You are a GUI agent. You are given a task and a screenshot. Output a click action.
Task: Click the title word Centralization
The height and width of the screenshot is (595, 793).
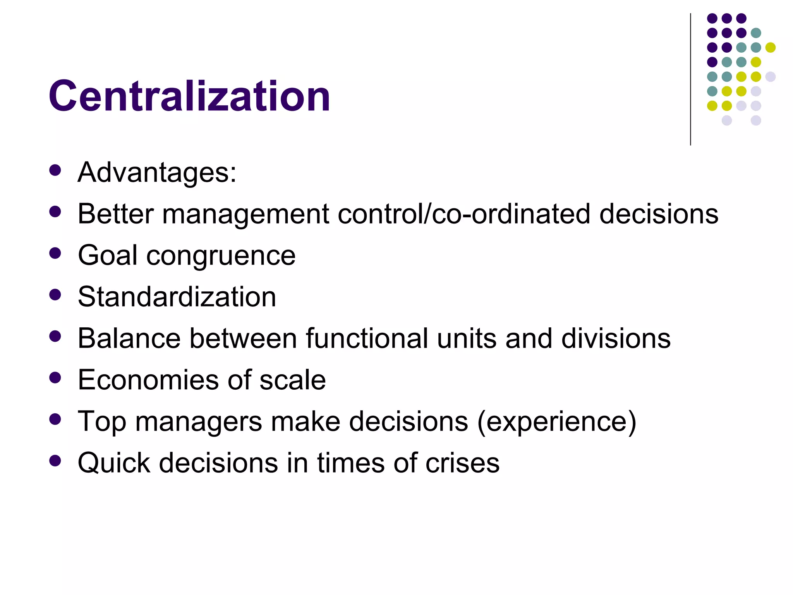[189, 96]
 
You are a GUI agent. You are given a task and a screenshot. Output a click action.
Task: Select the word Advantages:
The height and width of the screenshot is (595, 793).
[157, 172]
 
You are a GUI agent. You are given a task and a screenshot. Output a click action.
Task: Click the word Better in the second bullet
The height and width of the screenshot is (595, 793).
[116, 214]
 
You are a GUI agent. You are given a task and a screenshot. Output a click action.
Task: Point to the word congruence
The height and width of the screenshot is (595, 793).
[221, 256]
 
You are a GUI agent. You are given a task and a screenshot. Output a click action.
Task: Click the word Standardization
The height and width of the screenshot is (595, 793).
[177, 297]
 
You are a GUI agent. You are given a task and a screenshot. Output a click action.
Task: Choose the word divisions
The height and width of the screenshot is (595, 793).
[616, 339]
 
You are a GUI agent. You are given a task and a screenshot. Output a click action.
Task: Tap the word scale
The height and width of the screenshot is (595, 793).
[292, 380]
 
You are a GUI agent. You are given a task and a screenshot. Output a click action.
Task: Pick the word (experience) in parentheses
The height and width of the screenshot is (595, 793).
[557, 422]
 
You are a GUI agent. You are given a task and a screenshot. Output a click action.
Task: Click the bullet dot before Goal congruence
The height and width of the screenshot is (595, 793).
[55, 253]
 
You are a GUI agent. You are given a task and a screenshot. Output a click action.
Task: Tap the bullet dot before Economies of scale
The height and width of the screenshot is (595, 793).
[55, 378]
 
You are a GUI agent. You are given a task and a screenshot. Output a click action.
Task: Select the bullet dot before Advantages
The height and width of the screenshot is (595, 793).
[55, 170]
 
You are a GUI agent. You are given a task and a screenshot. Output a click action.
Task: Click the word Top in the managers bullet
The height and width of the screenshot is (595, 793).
[102, 422]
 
